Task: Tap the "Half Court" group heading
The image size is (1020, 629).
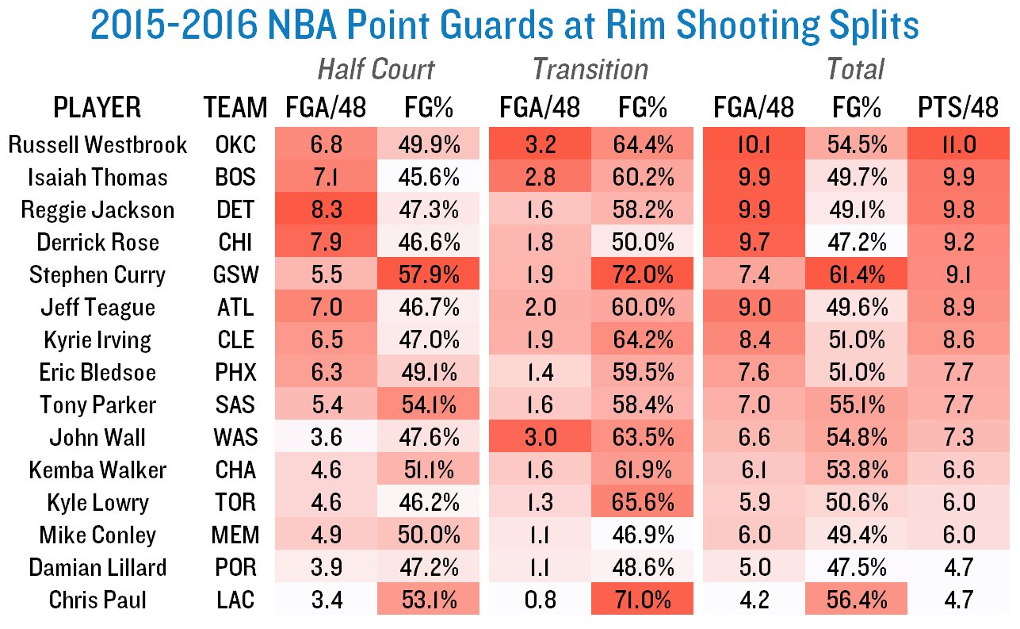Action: (x=376, y=70)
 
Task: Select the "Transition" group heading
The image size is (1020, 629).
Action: (x=590, y=70)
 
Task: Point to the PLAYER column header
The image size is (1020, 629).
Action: (x=97, y=107)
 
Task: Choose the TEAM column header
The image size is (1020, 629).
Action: (x=235, y=107)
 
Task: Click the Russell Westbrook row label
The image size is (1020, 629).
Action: (x=97, y=144)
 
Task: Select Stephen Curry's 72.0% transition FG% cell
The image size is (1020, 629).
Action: (x=642, y=274)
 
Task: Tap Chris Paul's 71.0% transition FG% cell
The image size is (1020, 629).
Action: (x=642, y=599)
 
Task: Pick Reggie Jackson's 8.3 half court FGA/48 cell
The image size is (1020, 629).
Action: (x=326, y=209)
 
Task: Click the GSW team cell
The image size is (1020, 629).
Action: (x=235, y=274)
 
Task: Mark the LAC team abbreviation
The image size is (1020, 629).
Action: (x=235, y=599)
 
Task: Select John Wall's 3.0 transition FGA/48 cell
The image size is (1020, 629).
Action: (x=539, y=437)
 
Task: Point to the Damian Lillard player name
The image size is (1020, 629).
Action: (x=97, y=567)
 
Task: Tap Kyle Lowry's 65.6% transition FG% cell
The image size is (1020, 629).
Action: (x=642, y=502)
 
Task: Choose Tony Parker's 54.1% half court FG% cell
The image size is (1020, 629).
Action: (x=429, y=405)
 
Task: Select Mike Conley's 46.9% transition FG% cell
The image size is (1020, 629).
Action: (x=642, y=535)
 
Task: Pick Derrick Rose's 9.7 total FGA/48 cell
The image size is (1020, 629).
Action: (x=754, y=242)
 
